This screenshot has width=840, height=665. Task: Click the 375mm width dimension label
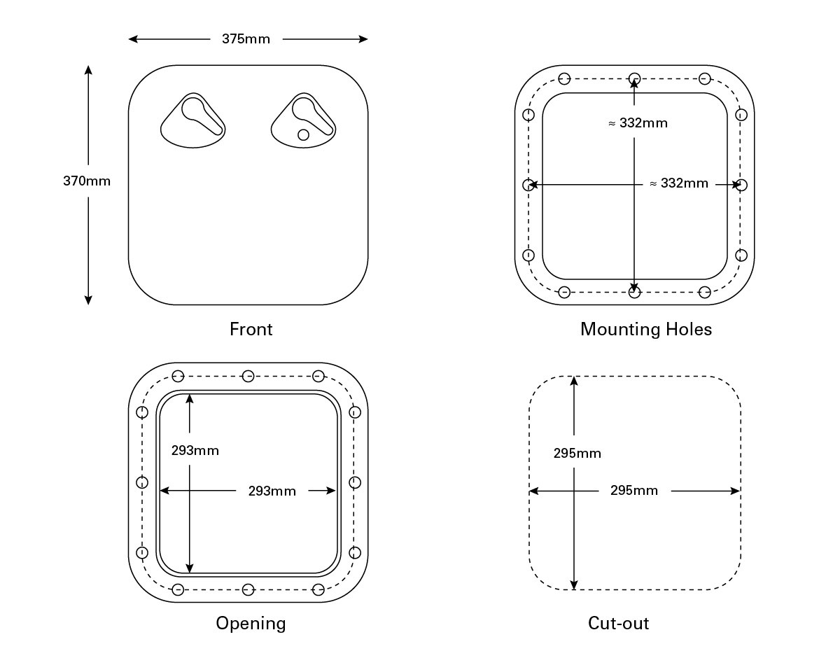point(246,39)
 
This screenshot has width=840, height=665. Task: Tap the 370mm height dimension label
point(87,181)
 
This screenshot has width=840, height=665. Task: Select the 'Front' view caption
point(251,329)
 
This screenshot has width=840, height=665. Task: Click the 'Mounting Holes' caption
point(646,329)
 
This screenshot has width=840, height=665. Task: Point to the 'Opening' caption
point(251,623)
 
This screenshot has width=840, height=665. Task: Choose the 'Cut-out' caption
point(618,623)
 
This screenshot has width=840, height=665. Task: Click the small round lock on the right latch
point(303,135)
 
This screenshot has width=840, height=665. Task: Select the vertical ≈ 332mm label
point(638,123)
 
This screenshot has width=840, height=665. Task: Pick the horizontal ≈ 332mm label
point(679,183)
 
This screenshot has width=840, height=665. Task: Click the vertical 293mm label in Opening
point(195,451)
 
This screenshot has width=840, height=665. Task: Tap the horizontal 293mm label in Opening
point(272,491)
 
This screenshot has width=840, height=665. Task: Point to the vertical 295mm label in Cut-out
point(577,454)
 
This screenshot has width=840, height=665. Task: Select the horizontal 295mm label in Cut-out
point(634,491)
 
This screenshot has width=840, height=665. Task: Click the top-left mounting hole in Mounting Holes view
point(564,79)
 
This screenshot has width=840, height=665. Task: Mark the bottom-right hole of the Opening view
point(318,589)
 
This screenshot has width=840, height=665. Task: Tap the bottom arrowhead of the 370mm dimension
point(88,300)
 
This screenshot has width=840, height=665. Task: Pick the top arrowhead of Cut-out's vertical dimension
point(574,381)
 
